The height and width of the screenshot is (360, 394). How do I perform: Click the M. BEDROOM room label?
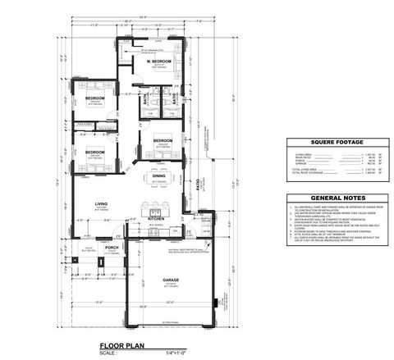pos(159,62)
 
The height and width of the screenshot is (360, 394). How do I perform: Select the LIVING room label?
pos(102,204)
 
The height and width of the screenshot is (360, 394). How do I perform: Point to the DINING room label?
pos(159,175)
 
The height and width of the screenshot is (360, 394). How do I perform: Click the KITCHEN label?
pos(157,219)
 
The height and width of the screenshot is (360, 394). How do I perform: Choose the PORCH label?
pos(112,247)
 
